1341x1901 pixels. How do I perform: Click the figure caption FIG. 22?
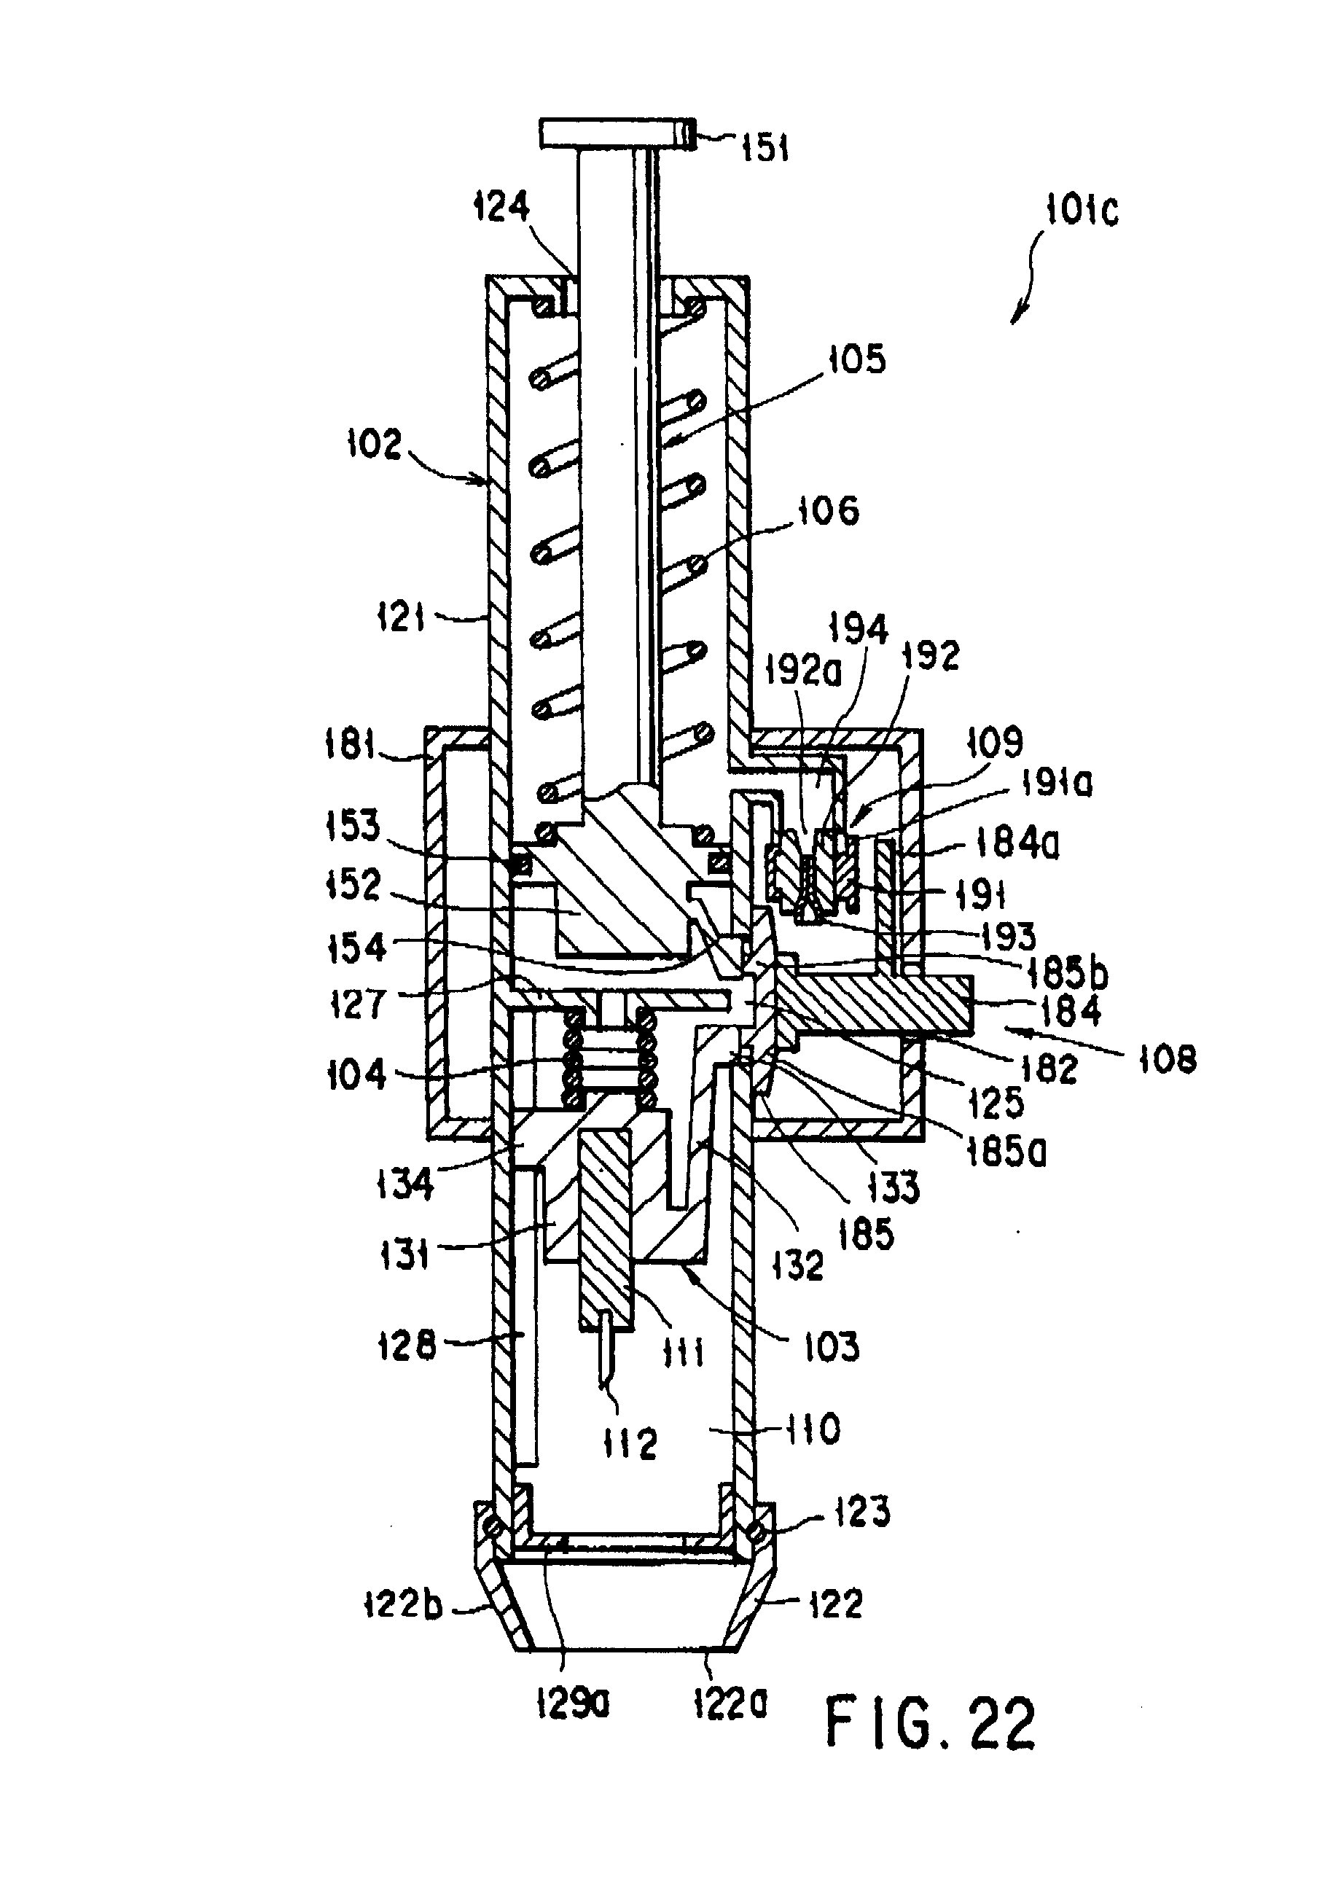[x=931, y=1725]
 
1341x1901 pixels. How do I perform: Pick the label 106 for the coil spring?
[x=828, y=511]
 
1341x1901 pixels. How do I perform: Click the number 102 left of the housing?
[x=374, y=444]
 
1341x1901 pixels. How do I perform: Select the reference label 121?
[x=402, y=617]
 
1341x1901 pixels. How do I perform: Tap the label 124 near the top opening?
[x=501, y=206]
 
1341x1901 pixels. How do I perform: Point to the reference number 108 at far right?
[x=1167, y=1060]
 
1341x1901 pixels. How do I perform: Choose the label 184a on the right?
[x=1017, y=846]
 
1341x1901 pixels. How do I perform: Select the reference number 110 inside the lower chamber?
[x=813, y=1430]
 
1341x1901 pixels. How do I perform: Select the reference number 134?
[x=404, y=1184]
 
